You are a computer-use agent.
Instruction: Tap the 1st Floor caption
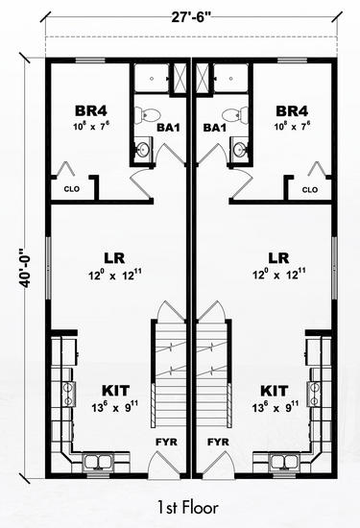[x=187, y=508]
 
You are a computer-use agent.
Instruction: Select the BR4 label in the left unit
[x=91, y=110]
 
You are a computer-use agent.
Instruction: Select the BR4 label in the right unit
[x=292, y=110]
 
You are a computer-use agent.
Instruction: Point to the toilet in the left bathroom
[x=147, y=114]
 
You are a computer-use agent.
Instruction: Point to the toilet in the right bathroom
[x=235, y=114]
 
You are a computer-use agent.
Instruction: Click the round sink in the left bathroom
[x=143, y=149]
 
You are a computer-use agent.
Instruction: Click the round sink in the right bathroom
[x=240, y=149]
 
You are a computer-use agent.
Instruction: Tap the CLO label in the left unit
[x=72, y=189]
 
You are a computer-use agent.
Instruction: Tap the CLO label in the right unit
[x=310, y=189]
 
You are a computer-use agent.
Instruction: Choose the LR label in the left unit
[x=114, y=258]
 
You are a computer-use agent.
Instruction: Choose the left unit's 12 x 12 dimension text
[x=115, y=276]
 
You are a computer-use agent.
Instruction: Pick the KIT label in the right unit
[x=275, y=391]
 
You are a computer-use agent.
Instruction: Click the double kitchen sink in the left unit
[x=98, y=462]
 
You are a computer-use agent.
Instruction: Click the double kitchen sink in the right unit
[x=285, y=462]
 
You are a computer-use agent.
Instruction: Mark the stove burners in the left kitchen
[x=69, y=393]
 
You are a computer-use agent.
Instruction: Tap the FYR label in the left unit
[x=166, y=442]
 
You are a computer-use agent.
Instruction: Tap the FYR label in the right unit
[x=218, y=442]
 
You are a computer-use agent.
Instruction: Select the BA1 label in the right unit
[x=214, y=128]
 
